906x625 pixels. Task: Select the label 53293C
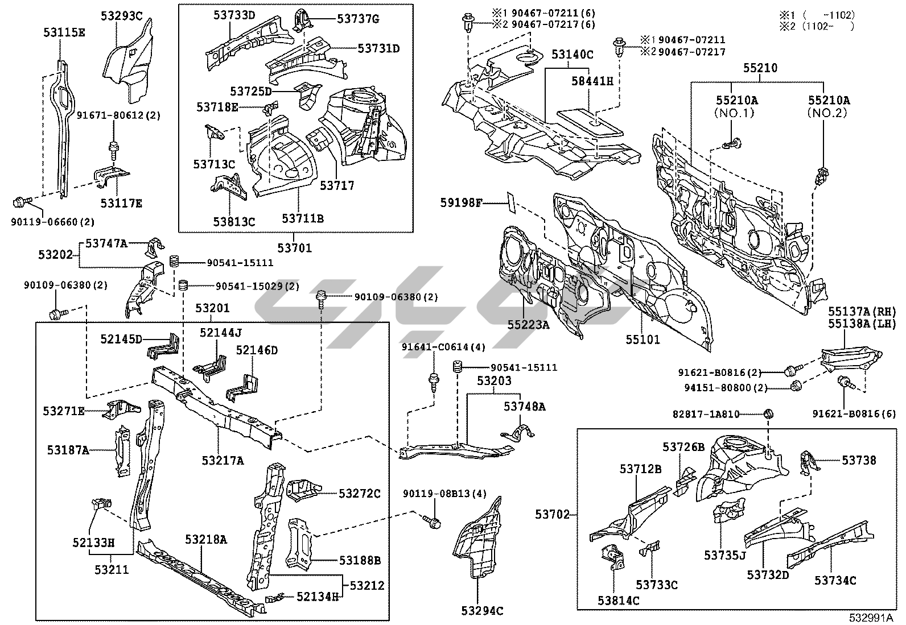click(x=122, y=15)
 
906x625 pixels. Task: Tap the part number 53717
click(x=337, y=185)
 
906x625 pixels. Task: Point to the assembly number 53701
click(x=295, y=248)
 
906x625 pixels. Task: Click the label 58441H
click(x=593, y=81)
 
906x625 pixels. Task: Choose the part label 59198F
click(x=462, y=202)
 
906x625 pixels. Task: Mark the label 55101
click(x=643, y=340)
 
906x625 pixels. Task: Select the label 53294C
click(x=483, y=612)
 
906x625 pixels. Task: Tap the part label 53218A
click(x=206, y=539)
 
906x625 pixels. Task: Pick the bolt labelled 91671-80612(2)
click(x=113, y=149)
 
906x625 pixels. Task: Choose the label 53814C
click(x=618, y=601)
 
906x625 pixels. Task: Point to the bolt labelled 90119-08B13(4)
click(x=433, y=521)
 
